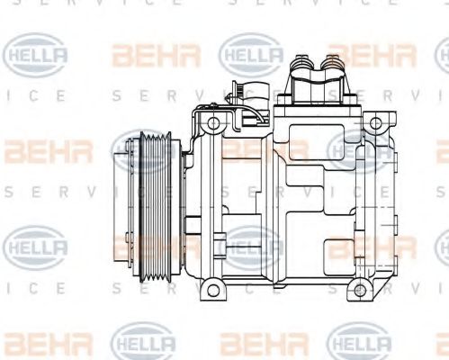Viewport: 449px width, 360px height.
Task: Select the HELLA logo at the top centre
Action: tap(252, 57)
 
